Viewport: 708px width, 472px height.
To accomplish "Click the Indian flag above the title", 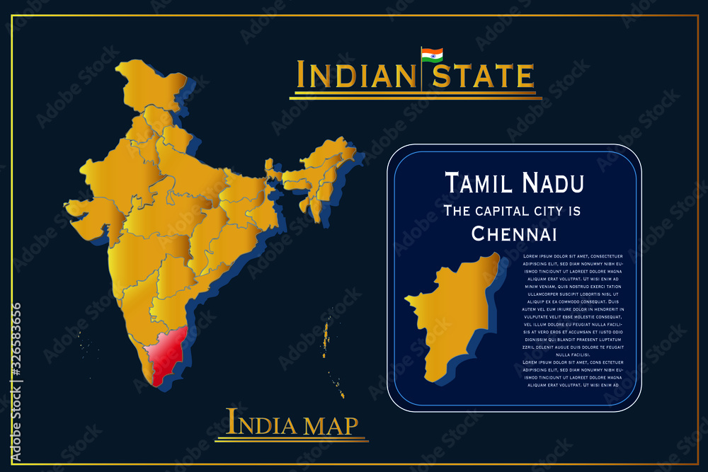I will pos(432,55).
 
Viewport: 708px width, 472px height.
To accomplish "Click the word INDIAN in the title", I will pos(355,75).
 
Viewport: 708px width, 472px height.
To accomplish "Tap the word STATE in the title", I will pos(484,75).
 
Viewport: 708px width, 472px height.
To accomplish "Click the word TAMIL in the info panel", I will pos(479,183).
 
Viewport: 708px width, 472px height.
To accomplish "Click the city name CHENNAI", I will pos(514,233).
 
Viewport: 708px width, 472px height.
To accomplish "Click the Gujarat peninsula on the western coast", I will pos(85,209).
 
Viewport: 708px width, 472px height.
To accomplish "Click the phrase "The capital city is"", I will pos(511,210).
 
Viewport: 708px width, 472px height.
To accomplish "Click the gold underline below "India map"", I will pos(292,440).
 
